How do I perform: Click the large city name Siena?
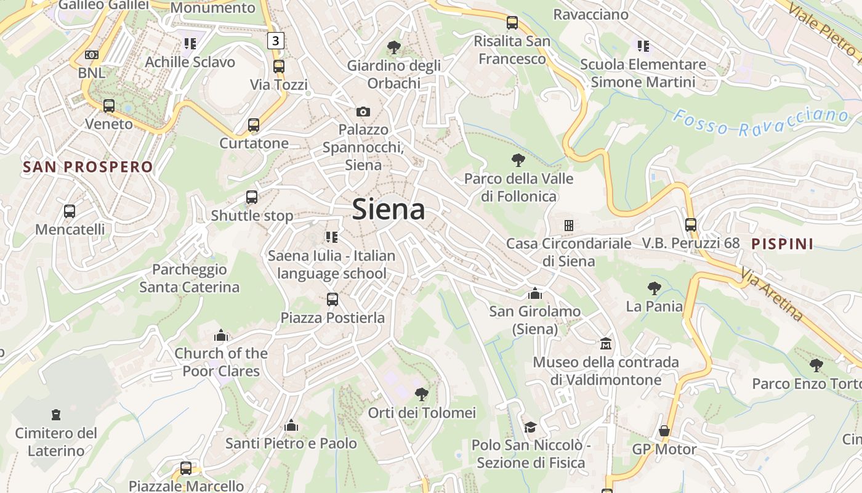pyautogui.click(x=389, y=210)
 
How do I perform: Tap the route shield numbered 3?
pyautogui.click(x=276, y=41)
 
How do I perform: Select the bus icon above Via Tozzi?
pyautogui.click(x=279, y=66)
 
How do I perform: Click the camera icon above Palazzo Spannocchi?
pyautogui.click(x=363, y=112)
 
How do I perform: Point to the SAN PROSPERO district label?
pyautogui.click(x=88, y=167)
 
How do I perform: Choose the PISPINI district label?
pyautogui.click(x=782, y=244)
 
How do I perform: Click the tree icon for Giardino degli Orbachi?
pyautogui.click(x=393, y=47)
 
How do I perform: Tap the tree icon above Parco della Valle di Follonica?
pyautogui.click(x=518, y=160)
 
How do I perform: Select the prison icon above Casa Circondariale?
pyautogui.click(x=569, y=226)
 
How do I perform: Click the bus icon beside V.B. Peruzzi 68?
pyautogui.click(x=691, y=225)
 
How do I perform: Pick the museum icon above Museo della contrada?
pyautogui.click(x=606, y=343)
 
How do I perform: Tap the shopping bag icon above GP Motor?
pyautogui.click(x=664, y=431)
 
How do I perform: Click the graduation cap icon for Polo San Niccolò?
pyautogui.click(x=530, y=426)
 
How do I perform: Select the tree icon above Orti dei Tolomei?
pyautogui.click(x=422, y=394)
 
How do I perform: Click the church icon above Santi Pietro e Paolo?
pyautogui.click(x=291, y=425)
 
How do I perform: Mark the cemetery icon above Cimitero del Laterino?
pyautogui.click(x=56, y=415)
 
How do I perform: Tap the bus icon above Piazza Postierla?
pyautogui.click(x=332, y=299)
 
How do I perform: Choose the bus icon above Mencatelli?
pyautogui.click(x=70, y=211)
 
